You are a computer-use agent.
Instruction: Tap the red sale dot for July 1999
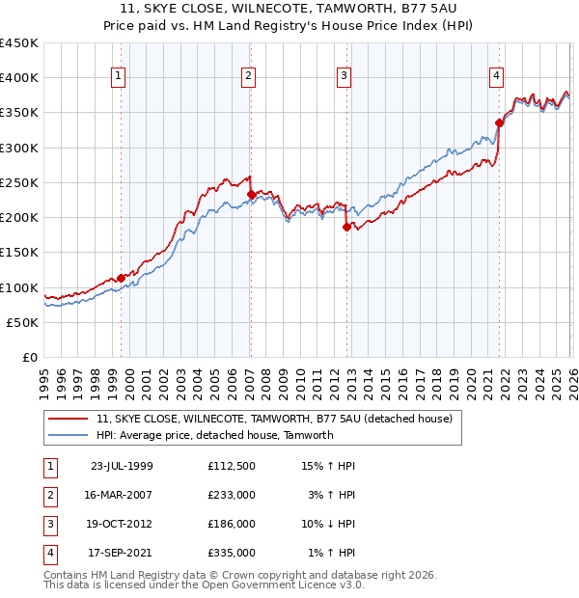click(x=121, y=278)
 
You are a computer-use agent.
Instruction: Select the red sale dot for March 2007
click(x=251, y=194)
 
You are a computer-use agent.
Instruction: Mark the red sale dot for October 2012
click(x=346, y=228)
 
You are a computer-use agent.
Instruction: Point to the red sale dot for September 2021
click(x=499, y=122)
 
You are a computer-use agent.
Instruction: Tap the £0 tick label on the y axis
click(x=30, y=357)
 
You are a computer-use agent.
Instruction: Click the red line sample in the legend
click(x=69, y=420)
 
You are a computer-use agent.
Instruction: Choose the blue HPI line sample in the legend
click(x=69, y=435)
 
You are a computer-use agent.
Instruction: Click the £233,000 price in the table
click(x=232, y=494)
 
